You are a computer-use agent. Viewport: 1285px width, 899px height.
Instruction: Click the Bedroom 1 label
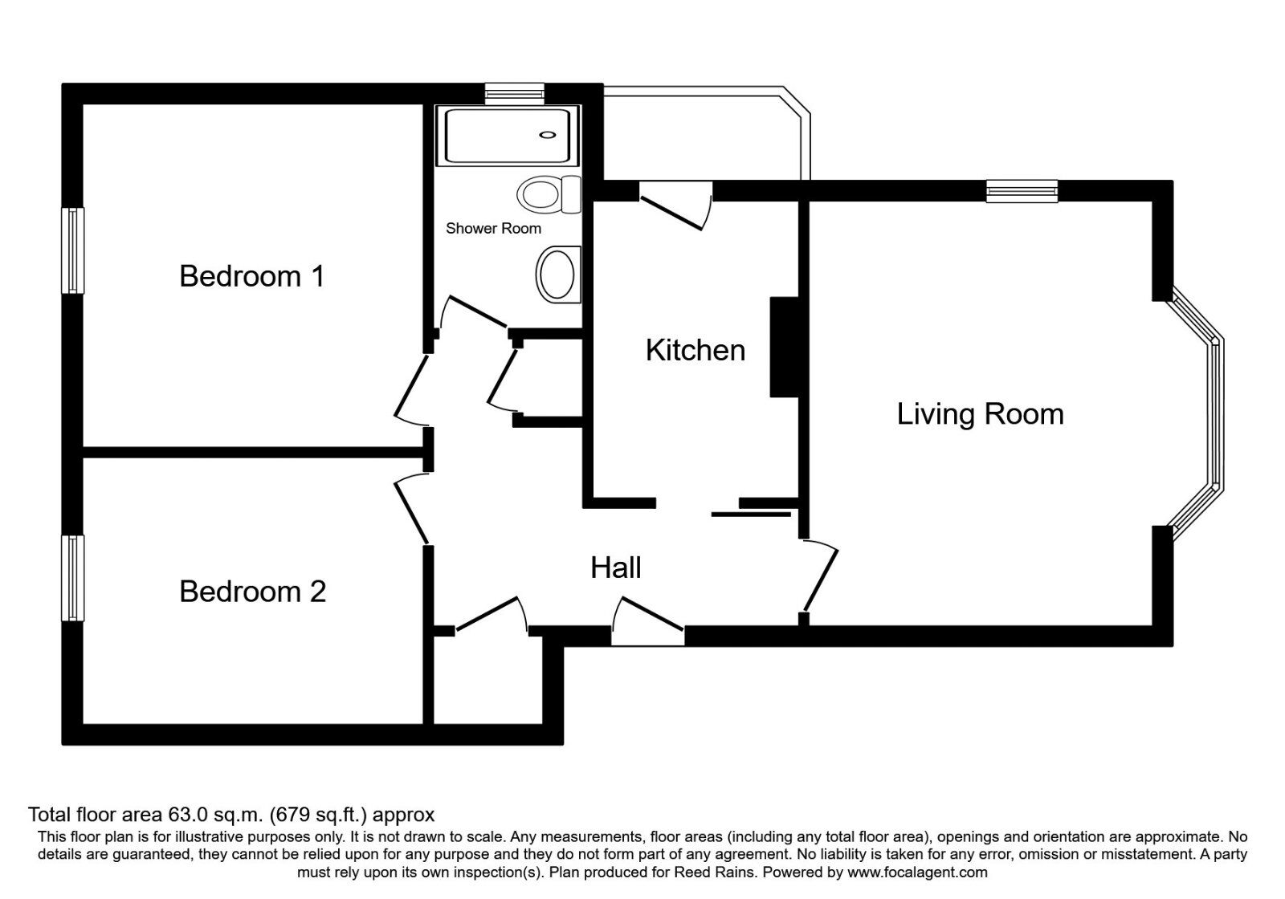(251, 276)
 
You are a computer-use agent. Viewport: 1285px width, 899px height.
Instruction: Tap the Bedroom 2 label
(252, 592)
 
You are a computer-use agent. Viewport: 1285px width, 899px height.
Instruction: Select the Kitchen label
(696, 351)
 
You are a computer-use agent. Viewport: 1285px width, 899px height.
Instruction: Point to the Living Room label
(980, 414)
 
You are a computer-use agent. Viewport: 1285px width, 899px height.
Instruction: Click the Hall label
(616, 568)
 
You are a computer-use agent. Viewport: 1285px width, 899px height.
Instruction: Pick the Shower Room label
(493, 229)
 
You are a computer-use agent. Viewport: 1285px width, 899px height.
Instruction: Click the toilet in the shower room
(549, 194)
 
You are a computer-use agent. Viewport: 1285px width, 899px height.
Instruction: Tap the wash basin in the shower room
(557, 274)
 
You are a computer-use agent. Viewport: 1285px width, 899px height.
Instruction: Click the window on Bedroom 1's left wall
(74, 250)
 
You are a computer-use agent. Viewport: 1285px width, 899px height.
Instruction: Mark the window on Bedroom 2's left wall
(74, 578)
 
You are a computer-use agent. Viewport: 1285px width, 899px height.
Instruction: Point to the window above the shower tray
(514, 93)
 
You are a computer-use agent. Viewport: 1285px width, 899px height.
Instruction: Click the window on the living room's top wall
(1022, 190)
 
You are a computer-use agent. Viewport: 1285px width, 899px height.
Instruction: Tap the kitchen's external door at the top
(675, 205)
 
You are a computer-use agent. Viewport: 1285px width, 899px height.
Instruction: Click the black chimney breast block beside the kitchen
(784, 347)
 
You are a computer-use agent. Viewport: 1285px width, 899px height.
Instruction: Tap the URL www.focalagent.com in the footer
(917, 872)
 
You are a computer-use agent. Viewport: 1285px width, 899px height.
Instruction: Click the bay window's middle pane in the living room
(1217, 413)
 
